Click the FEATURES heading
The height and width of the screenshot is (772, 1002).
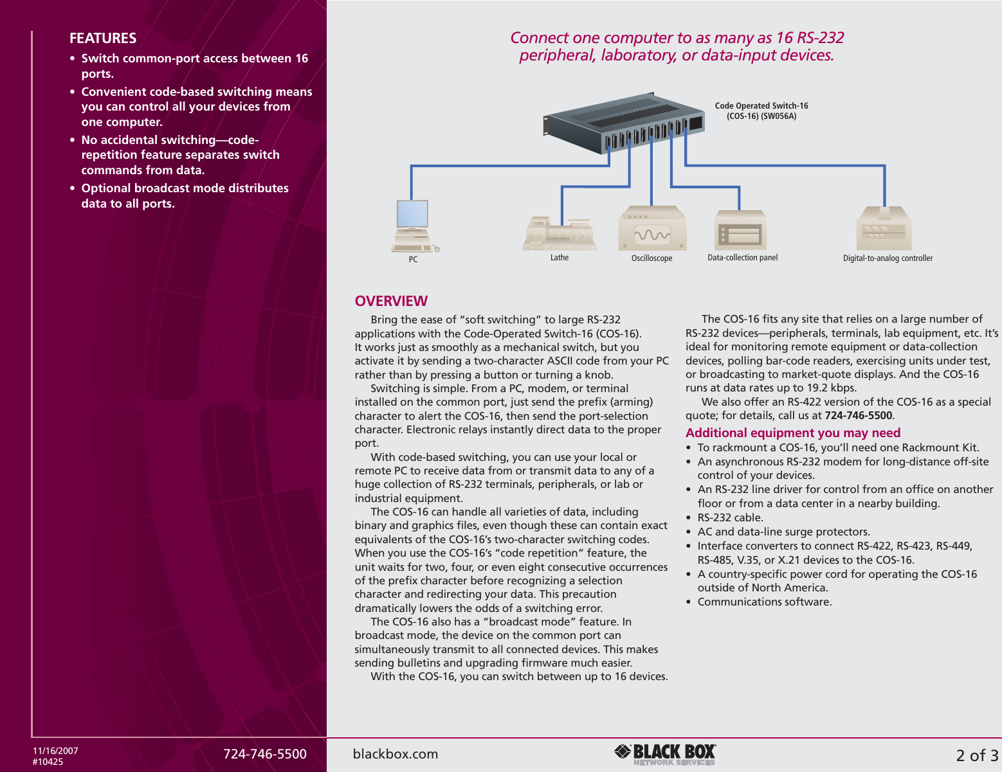click(x=103, y=39)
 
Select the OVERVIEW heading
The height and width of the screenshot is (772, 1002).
click(x=391, y=301)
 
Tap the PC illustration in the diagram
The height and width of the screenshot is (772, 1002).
click(x=414, y=226)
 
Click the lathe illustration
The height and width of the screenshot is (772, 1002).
click(x=559, y=234)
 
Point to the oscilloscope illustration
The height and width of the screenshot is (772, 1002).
click(x=652, y=229)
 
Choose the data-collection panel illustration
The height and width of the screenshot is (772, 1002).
click(x=740, y=230)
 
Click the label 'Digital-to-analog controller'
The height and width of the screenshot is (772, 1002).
click(x=888, y=258)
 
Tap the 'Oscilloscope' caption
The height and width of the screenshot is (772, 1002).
click(x=651, y=258)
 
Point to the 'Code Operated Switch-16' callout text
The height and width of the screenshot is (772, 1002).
click(x=761, y=111)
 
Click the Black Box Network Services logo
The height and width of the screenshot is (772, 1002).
click(x=666, y=754)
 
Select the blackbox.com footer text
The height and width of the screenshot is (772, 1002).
click(x=396, y=754)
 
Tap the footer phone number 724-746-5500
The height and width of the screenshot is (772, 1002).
click(x=265, y=754)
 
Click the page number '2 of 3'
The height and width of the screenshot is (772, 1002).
click(x=977, y=755)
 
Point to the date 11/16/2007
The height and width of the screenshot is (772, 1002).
click(x=56, y=750)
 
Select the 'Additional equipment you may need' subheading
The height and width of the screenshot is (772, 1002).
click(x=793, y=433)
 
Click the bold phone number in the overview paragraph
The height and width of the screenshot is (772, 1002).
click(x=858, y=415)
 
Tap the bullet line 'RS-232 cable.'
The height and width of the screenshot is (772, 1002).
click(x=730, y=517)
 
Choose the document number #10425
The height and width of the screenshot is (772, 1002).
click(x=48, y=762)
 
